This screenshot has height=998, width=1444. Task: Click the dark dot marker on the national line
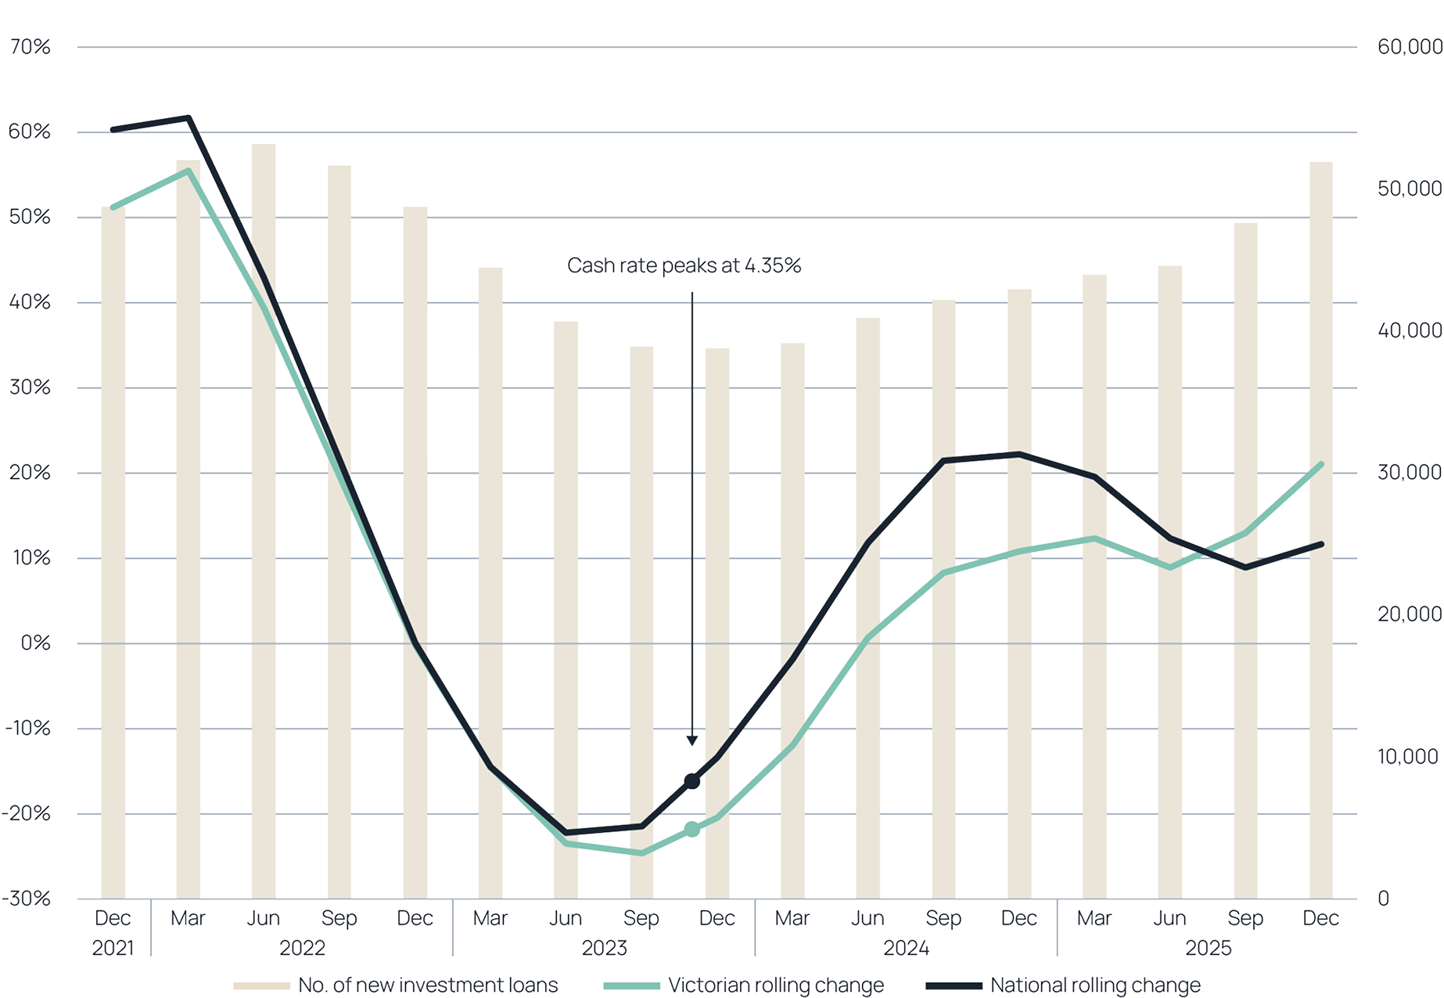click(x=692, y=780)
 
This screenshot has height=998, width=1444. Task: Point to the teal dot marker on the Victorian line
click(x=692, y=829)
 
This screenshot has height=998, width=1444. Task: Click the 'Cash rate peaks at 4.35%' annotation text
click(x=684, y=266)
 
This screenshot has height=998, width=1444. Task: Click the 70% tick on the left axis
click(x=30, y=48)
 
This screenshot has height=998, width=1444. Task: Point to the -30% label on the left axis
click(x=27, y=899)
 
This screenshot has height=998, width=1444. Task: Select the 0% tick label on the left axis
click(x=34, y=643)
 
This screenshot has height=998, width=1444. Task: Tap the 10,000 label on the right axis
click(x=1408, y=756)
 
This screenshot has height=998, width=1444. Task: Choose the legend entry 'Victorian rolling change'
click(x=775, y=985)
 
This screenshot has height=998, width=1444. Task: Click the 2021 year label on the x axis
click(x=113, y=949)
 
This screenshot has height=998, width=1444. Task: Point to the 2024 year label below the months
click(x=906, y=949)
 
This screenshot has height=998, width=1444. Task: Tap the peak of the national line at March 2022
click(x=189, y=117)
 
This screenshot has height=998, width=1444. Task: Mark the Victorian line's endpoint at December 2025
click(x=1321, y=464)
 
